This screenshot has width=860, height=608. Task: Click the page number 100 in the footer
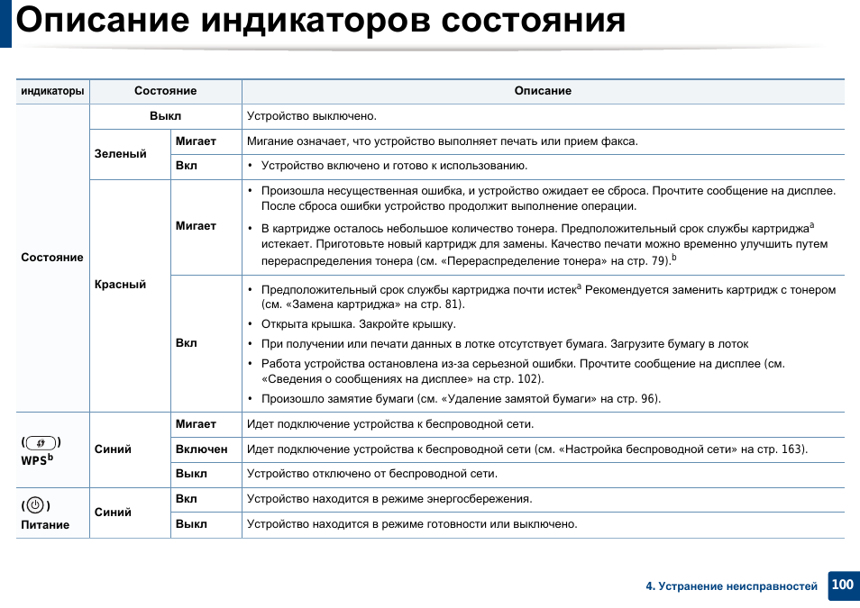coord(842,585)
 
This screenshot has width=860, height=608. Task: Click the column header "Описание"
coord(543,91)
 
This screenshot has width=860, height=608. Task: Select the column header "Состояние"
coord(165,91)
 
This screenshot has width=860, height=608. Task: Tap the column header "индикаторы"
coord(52,91)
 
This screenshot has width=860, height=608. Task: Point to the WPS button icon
coord(41,442)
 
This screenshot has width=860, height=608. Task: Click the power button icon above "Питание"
coord(35,505)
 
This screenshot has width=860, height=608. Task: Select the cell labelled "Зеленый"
coord(120,154)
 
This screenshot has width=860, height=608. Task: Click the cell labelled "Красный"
coord(120,285)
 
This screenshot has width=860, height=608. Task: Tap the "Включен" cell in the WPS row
coord(201,449)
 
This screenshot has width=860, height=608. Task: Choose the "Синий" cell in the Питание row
coord(113,512)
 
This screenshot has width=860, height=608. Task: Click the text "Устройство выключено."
coord(312,116)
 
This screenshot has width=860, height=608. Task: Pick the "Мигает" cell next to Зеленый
coord(196,141)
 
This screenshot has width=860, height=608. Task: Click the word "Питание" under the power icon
coord(45,525)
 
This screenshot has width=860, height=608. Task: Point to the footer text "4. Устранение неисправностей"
coord(731,586)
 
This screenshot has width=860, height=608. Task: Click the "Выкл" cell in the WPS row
coord(191,474)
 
